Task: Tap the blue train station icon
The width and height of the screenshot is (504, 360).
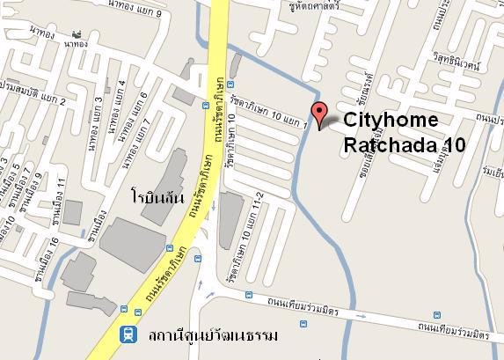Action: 126,334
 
